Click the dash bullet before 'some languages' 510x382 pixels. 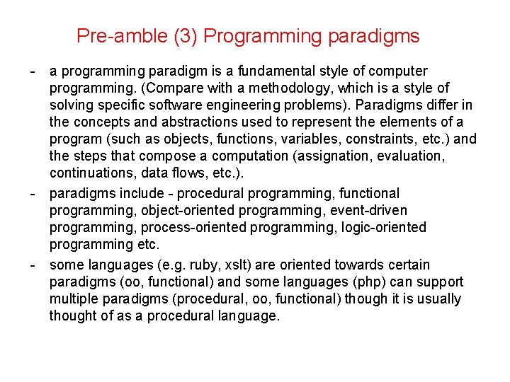click(x=33, y=265)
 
